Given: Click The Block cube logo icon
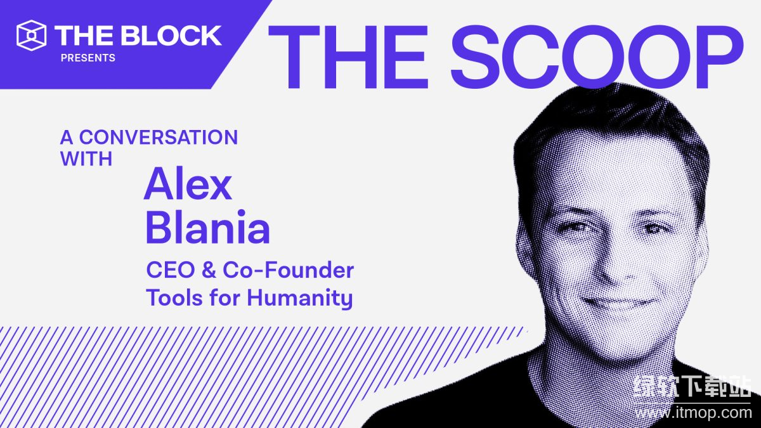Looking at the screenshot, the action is pyautogui.click(x=31, y=36).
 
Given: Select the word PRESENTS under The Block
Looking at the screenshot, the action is pyautogui.click(x=88, y=58).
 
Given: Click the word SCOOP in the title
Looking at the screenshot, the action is pyautogui.click(x=597, y=56).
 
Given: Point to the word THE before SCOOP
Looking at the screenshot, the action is pyautogui.click(x=348, y=56).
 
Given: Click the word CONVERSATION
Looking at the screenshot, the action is pyautogui.click(x=159, y=137).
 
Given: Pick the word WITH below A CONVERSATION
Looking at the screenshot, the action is pyautogui.click(x=86, y=159).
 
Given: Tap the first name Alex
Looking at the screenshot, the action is pyautogui.click(x=188, y=184).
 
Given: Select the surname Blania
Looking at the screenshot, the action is pyautogui.click(x=208, y=227).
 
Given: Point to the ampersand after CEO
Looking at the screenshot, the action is pyautogui.click(x=209, y=270).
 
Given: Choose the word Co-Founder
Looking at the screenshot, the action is pyautogui.click(x=288, y=270).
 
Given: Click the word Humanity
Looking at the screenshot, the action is pyautogui.click(x=299, y=299).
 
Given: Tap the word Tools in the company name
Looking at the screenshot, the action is pyautogui.click(x=174, y=298).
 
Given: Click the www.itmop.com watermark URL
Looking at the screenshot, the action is pyautogui.click(x=693, y=413).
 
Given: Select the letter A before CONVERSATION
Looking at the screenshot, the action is pyautogui.click(x=67, y=137).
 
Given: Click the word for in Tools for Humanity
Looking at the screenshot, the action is pyautogui.click(x=225, y=298).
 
